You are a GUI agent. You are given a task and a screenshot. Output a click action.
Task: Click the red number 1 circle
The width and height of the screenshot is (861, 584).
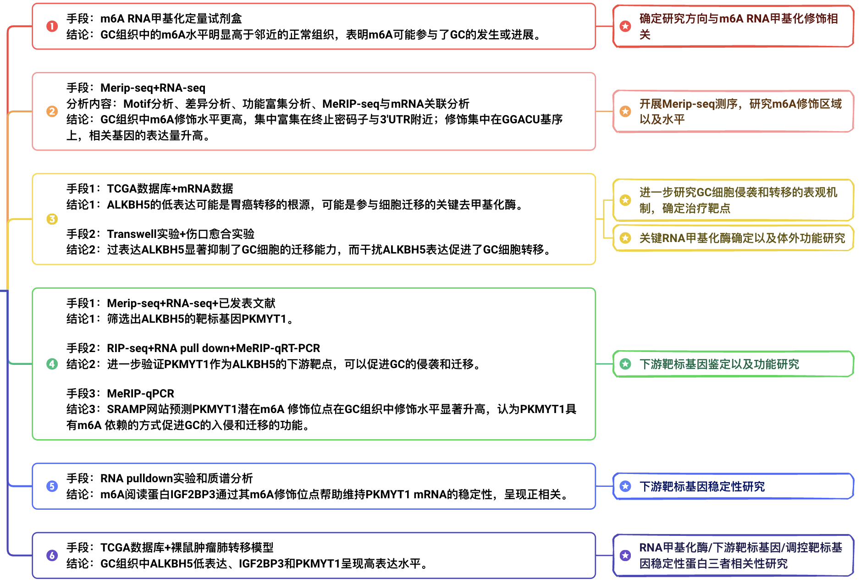click(52, 26)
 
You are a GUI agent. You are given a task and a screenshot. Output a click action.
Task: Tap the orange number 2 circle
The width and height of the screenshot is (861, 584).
click(52, 111)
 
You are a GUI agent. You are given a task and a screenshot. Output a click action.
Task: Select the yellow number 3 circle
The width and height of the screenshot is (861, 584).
click(52, 219)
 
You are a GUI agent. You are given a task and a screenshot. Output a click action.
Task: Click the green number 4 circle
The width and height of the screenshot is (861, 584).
click(52, 364)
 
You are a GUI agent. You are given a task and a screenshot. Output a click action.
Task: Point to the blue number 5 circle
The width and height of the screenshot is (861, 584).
click(52, 486)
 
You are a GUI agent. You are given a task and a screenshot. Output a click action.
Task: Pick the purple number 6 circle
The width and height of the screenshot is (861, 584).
click(52, 556)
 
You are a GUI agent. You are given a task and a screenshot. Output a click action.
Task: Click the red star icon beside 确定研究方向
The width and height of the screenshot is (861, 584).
click(625, 26)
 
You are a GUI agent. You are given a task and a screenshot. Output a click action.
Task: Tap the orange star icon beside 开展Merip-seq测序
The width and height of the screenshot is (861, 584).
click(625, 111)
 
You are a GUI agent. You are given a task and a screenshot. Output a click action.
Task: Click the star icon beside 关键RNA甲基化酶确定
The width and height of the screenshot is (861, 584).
click(625, 238)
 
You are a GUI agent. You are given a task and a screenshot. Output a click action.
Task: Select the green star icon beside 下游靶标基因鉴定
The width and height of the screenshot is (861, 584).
click(625, 364)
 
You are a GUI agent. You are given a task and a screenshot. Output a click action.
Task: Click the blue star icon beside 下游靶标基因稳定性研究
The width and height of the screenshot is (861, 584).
click(625, 486)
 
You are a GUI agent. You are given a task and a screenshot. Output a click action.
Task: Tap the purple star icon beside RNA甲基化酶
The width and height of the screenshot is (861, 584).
click(625, 556)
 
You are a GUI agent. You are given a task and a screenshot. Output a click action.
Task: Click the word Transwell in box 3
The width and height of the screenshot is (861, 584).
click(132, 234)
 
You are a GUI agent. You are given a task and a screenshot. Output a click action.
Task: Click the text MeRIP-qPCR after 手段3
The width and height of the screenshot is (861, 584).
click(141, 393)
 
